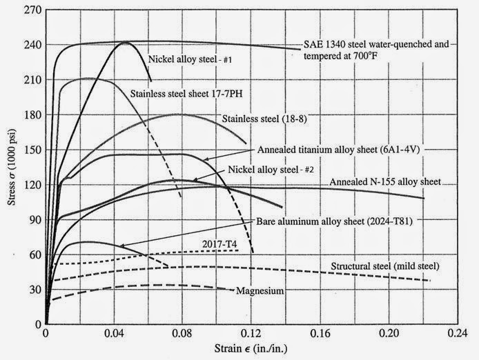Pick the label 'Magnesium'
coord(260,291)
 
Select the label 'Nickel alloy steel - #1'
coord(190,59)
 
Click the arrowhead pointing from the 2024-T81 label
coord(119,246)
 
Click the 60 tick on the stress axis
coord(46,254)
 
